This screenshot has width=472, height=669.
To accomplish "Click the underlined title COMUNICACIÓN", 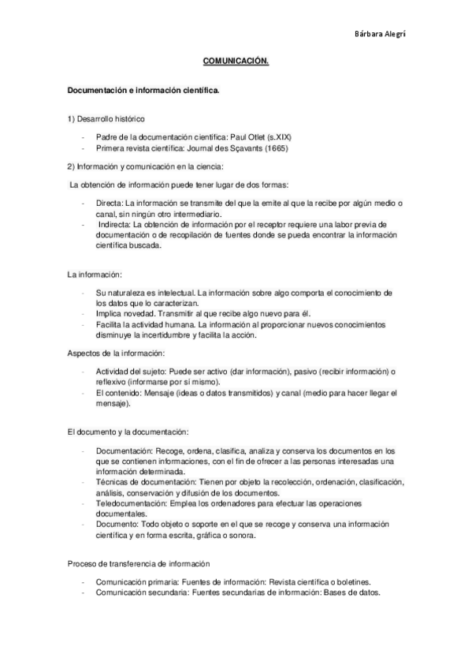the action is click(x=236, y=60).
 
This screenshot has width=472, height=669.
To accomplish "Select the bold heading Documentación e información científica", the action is click(x=143, y=91).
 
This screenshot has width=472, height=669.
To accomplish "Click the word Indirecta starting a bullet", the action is click(x=113, y=224).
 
